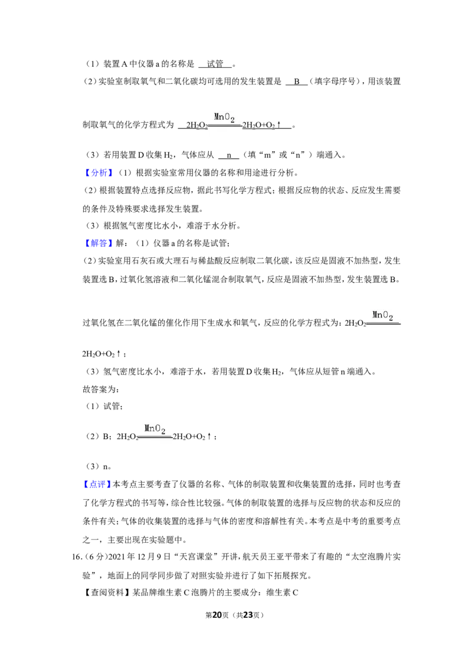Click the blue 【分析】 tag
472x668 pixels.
(x=99, y=172)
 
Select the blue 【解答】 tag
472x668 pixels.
(x=99, y=243)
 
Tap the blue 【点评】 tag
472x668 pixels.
(x=97, y=484)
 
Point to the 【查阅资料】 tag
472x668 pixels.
(x=106, y=592)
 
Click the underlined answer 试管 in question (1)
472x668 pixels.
(x=215, y=64)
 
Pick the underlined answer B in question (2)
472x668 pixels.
(x=297, y=81)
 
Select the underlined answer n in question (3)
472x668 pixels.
(x=229, y=156)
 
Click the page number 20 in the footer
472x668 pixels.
(x=217, y=615)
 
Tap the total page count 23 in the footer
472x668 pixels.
(x=248, y=615)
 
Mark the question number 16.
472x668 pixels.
(x=76, y=557)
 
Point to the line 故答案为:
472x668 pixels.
(x=101, y=389)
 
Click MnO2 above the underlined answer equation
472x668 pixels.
(x=224, y=117)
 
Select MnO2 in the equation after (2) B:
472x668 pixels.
(x=155, y=428)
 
